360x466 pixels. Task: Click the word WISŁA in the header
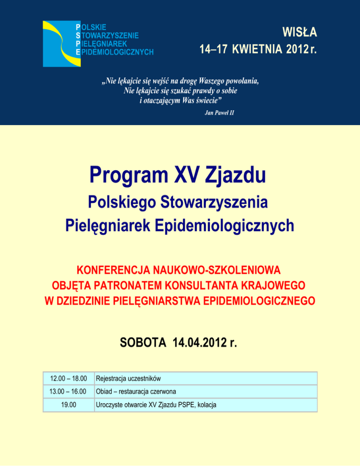(300, 33)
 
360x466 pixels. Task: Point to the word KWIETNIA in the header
(258, 49)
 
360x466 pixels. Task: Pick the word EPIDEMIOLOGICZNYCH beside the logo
(117, 51)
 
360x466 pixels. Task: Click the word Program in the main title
(123, 175)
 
